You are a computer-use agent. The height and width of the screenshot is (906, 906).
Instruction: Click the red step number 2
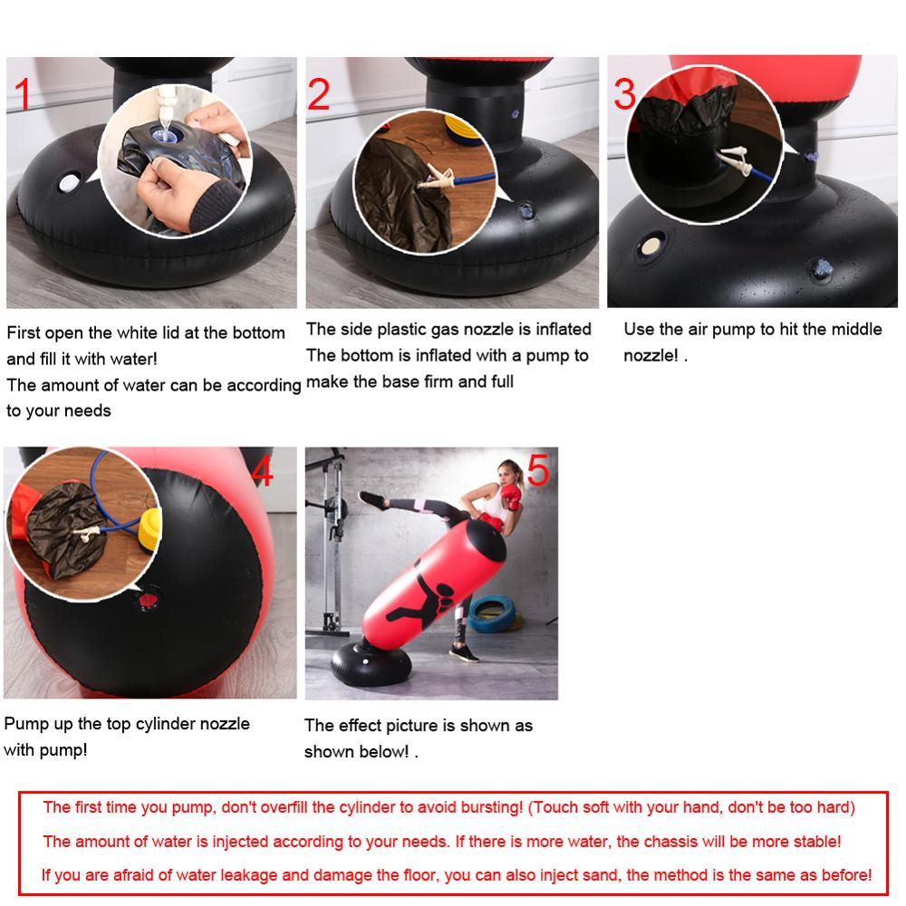point(319,94)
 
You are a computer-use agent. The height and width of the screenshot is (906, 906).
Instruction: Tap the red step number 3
point(625,93)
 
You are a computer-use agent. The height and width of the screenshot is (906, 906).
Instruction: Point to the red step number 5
point(537,471)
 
